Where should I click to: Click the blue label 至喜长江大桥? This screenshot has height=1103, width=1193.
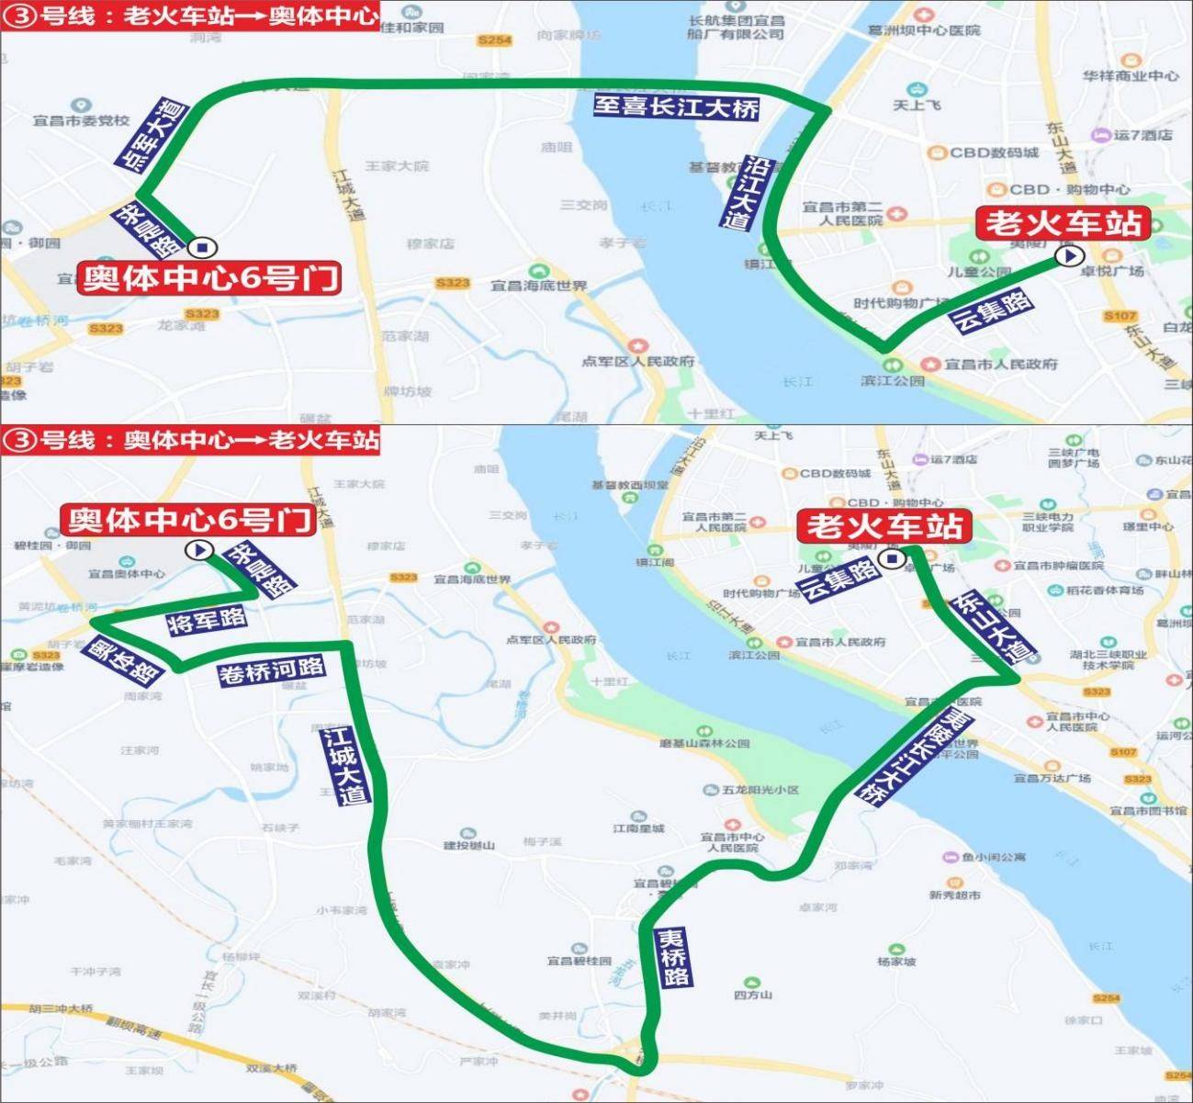click(676, 107)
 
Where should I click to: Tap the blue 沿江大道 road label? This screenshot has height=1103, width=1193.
click(746, 194)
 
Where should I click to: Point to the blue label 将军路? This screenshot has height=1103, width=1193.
click(207, 620)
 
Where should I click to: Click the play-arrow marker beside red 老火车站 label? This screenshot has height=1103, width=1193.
click(1069, 255)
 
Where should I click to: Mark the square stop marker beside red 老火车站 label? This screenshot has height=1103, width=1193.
click(889, 559)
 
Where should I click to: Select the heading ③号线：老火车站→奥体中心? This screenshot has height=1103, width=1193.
click(190, 16)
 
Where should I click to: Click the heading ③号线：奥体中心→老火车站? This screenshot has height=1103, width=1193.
click(190, 440)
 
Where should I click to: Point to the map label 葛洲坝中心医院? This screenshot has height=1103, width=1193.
click(924, 30)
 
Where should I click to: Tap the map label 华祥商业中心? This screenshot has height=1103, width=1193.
click(1130, 76)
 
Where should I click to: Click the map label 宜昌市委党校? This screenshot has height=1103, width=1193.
click(82, 120)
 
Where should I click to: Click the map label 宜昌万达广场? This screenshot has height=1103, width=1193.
click(1052, 778)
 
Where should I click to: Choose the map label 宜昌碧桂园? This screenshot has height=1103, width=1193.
click(579, 961)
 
